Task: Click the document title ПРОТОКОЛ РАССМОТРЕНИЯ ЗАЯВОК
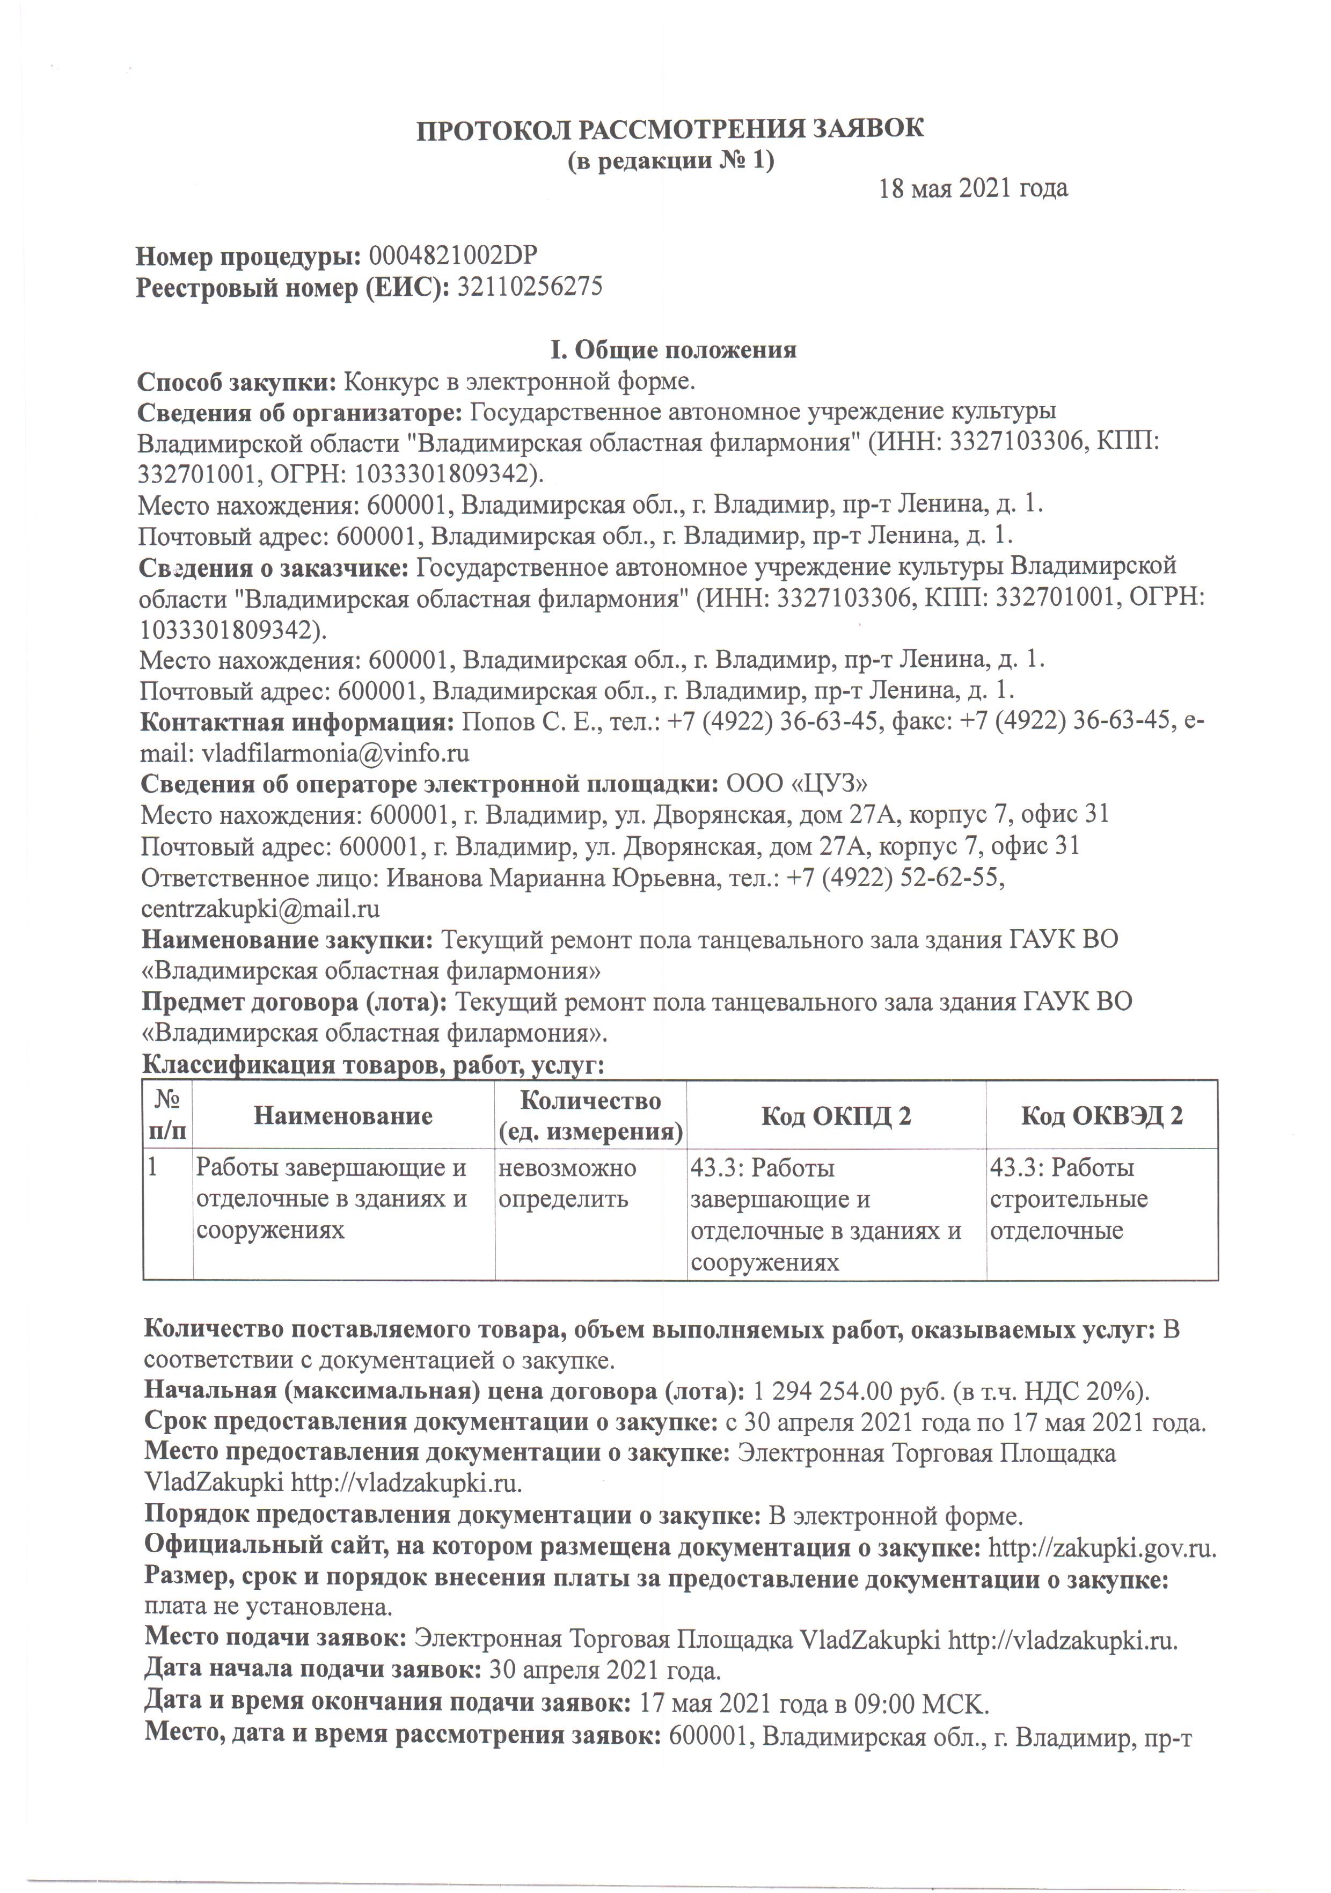(670, 129)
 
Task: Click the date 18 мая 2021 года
(973, 189)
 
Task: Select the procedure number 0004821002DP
(453, 255)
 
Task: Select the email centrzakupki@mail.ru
(261, 909)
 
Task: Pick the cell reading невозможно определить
(567, 1183)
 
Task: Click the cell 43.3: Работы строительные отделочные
(1069, 1199)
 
